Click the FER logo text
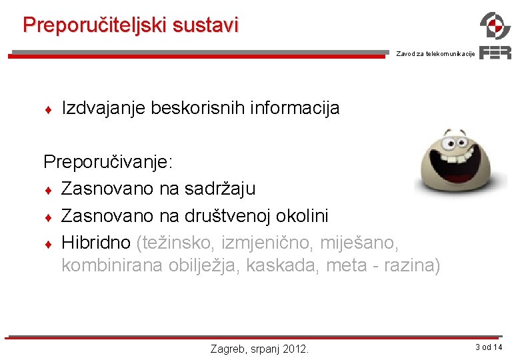pyautogui.click(x=495, y=53)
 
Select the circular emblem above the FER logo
pyautogui.click(x=495, y=26)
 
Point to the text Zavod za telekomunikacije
pyautogui.click(x=435, y=54)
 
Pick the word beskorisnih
pyautogui.click(x=197, y=108)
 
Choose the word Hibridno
pyautogui.click(x=96, y=243)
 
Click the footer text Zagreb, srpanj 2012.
pyautogui.click(x=259, y=348)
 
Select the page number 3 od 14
pyautogui.click(x=489, y=347)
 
